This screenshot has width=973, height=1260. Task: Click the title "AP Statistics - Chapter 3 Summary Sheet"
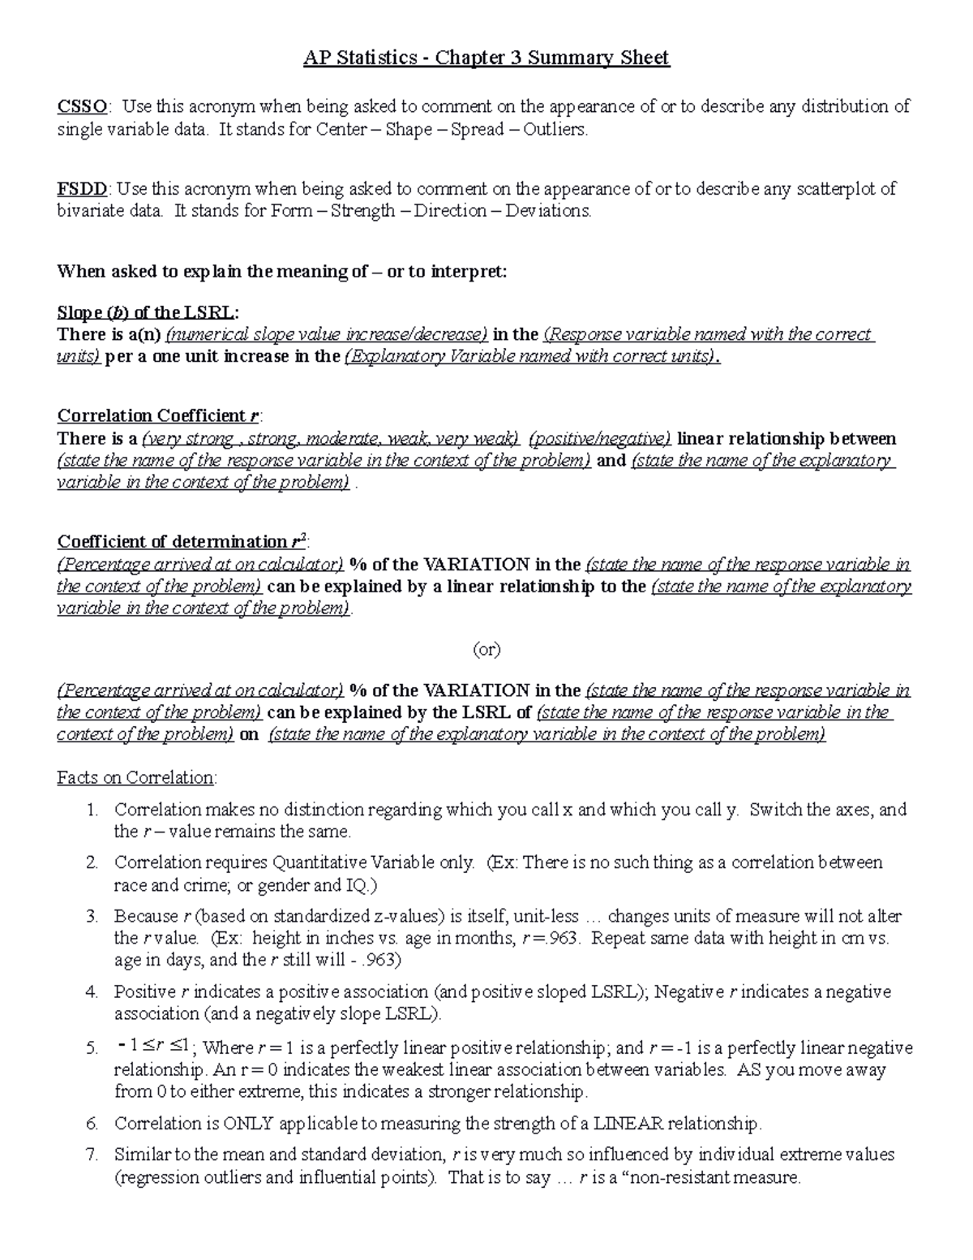(x=486, y=58)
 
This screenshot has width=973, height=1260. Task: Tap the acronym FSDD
(x=82, y=189)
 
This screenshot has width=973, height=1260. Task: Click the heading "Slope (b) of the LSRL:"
(x=148, y=313)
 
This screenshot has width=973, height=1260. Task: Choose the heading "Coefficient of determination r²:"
(x=182, y=541)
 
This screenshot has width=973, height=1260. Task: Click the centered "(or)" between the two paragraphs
(x=486, y=649)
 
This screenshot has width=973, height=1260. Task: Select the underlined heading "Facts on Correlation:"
(x=137, y=777)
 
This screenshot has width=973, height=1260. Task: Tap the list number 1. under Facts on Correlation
(x=92, y=810)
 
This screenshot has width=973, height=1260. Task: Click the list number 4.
(x=92, y=991)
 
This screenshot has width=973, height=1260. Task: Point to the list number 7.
(x=92, y=1155)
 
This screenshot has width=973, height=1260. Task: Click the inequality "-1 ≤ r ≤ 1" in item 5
(x=152, y=1047)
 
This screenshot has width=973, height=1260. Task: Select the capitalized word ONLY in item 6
(x=248, y=1124)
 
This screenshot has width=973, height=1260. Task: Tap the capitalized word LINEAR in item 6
(x=628, y=1124)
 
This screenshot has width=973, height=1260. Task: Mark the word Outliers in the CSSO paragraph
(x=555, y=129)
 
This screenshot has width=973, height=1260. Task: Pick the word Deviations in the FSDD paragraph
(x=548, y=211)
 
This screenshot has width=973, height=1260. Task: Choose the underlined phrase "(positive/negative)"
(x=599, y=439)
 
